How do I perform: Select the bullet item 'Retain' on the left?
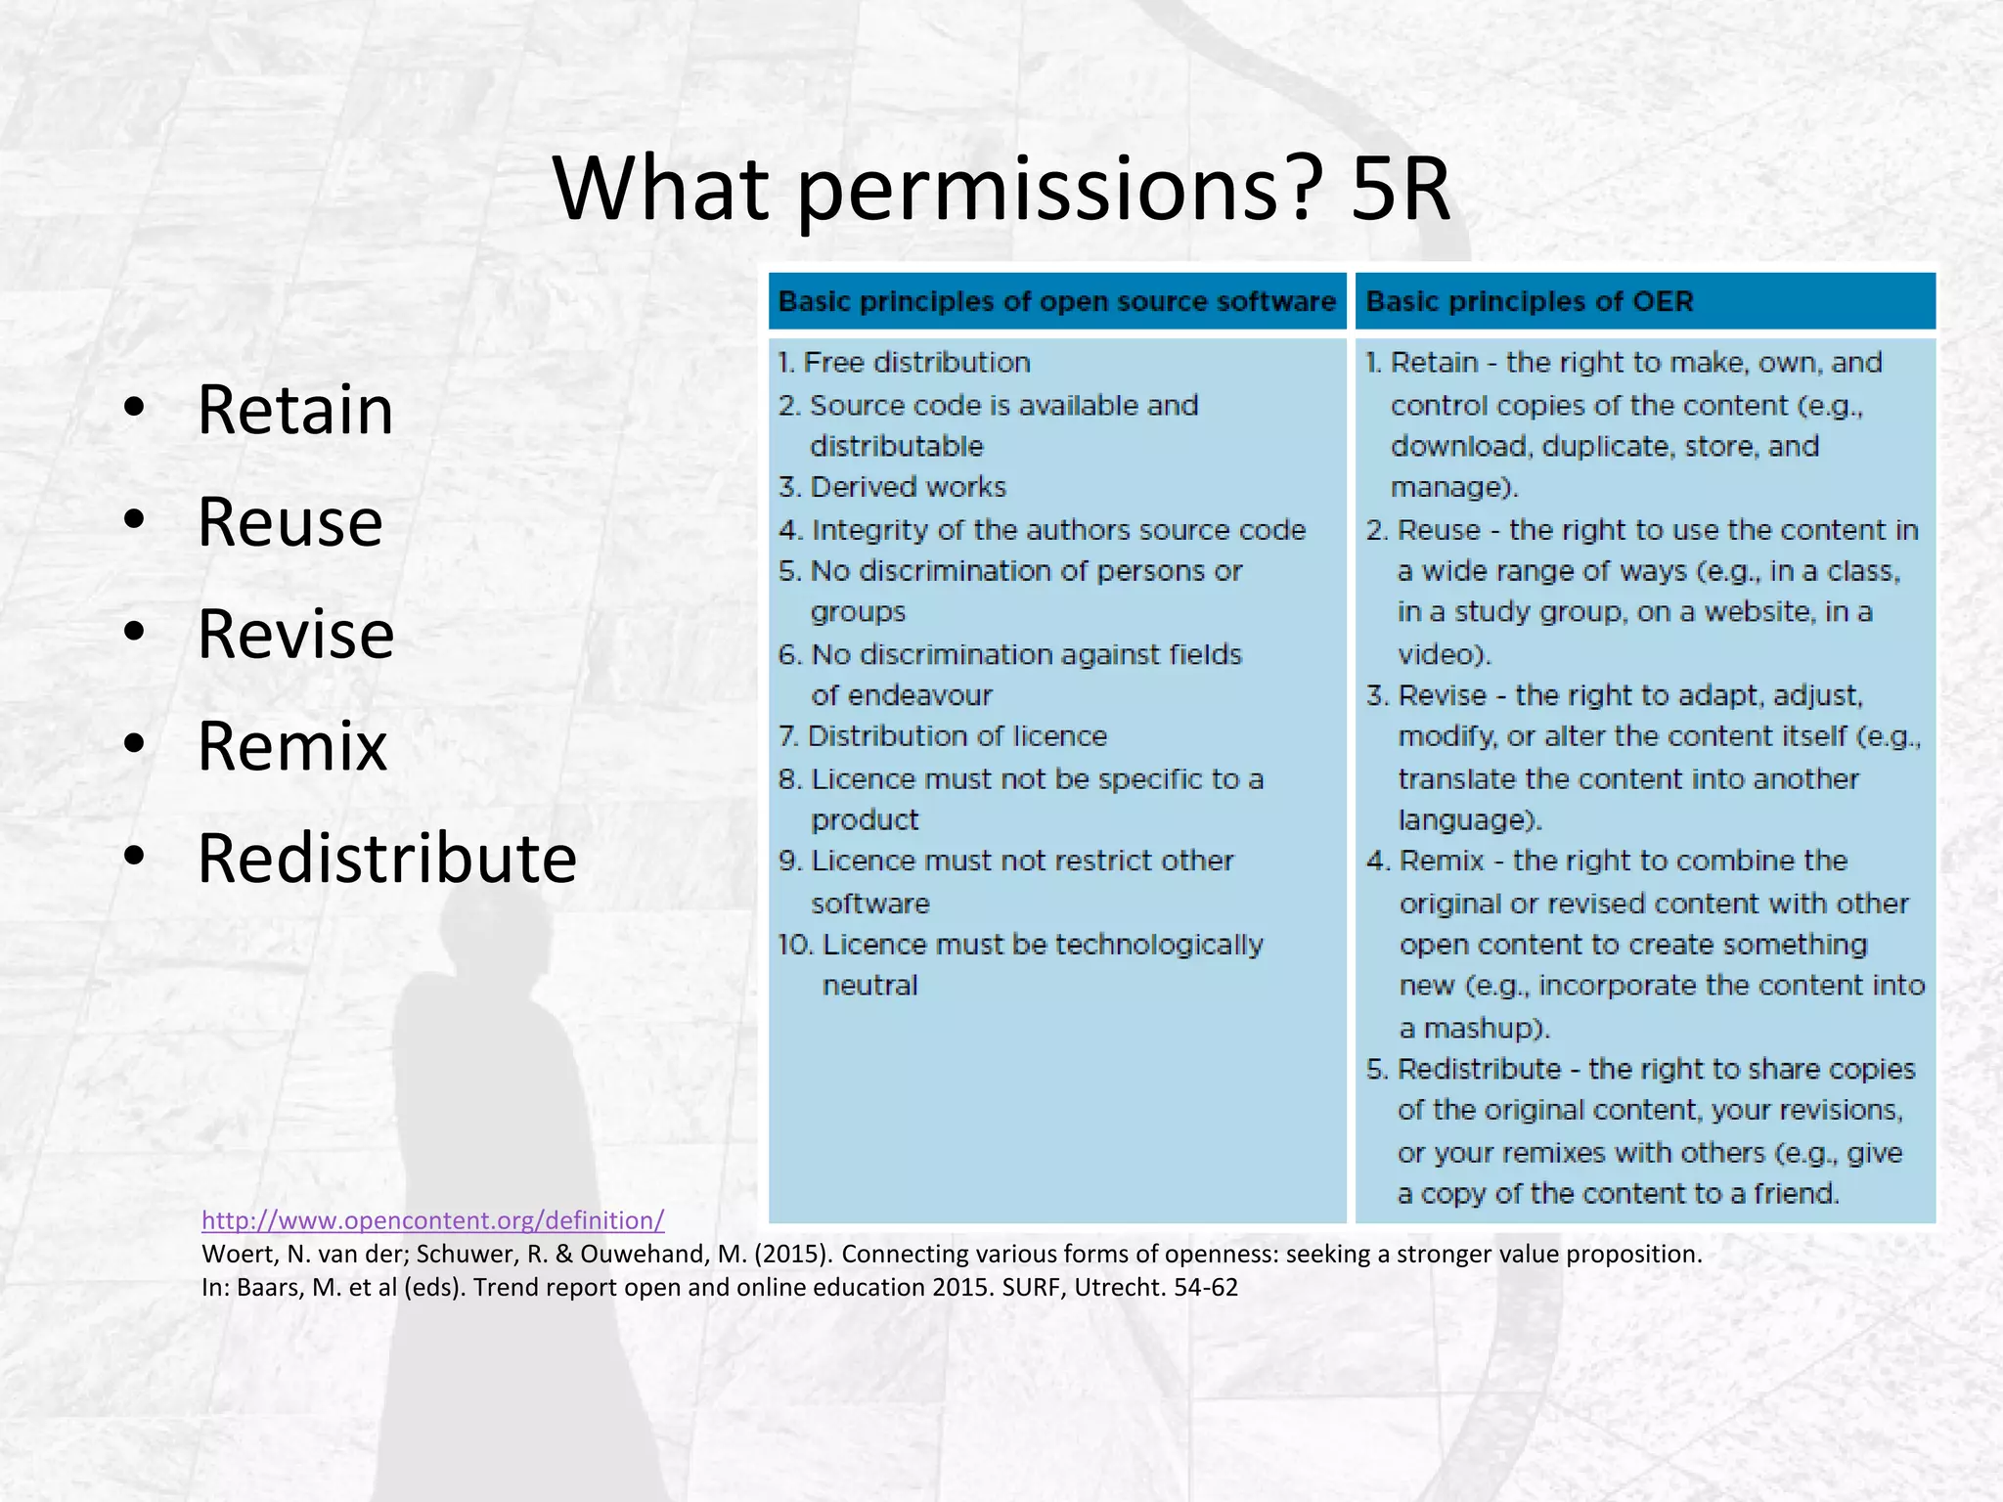point(295,410)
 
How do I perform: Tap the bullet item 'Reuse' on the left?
point(289,522)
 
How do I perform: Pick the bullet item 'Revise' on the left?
point(295,635)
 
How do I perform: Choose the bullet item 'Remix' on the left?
point(292,747)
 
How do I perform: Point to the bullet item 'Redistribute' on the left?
point(387,860)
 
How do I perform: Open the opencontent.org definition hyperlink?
point(432,1220)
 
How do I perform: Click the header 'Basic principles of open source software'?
point(1056,301)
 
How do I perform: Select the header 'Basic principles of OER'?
point(1529,301)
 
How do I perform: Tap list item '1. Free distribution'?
point(905,363)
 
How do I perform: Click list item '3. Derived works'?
point(893,487)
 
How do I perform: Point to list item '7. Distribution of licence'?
point(943,736)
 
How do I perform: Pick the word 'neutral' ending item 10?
point(869,986)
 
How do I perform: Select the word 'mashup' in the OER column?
point(1481,1029)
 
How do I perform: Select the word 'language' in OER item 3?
point(1463,819)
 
